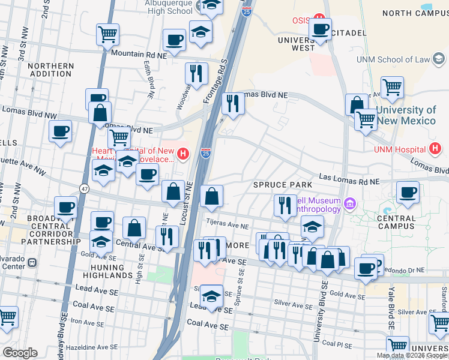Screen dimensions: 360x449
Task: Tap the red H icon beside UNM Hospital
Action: tap(436, 149)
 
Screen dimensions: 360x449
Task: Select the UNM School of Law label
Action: tap(393, 59)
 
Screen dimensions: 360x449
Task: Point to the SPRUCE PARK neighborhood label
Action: tap(283, 184)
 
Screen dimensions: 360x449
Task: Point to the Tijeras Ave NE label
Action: tap(228, 226)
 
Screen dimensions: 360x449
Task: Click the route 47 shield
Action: tap(85, 188)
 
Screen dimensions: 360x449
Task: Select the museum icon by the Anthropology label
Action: tap(349, 205)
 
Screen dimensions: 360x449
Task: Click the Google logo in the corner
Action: tap(20, 353)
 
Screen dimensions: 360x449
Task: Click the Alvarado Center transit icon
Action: tap(32, 263)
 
